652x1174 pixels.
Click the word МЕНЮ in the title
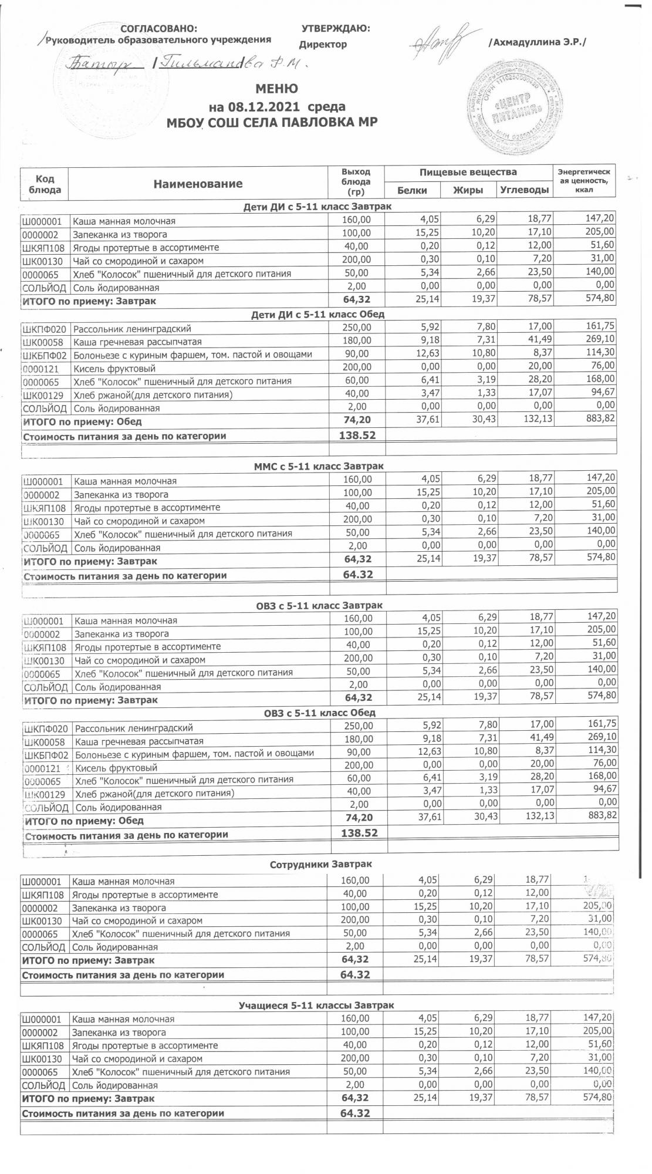(276, 89)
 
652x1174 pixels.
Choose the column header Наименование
(198, 184)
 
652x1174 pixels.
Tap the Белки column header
(412, 190)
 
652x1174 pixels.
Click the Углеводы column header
(524, 190)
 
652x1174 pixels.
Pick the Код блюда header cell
(45, 184)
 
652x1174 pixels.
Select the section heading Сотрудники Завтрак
(320, 865)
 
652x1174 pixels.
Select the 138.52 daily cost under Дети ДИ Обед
(357, 435)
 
